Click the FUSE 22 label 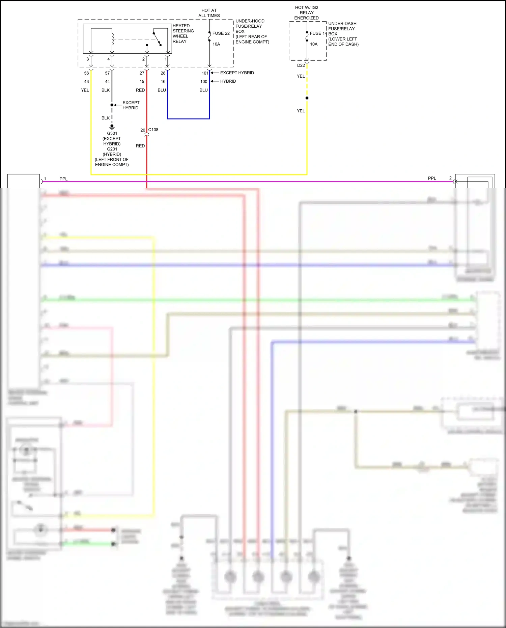click(221, 33)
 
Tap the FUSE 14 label click(318, 33)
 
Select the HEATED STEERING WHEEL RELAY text click(183, 33)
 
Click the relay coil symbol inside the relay click(112, 39)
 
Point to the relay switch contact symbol click(157, 39)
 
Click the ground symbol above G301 click(112, 127)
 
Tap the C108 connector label click(153, 130)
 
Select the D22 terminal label click(301, 65)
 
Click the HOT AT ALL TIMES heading click(209, 13)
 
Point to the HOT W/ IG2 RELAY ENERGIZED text click(307, 12)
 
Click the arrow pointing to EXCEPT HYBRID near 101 click(215, 73)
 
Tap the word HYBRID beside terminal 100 click(228, 81)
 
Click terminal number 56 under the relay click(87, 73)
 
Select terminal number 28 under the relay click(163, 73)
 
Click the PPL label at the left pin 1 click(63, 179)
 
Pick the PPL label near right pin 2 click(432, 178)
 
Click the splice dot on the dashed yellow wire click(307, 98)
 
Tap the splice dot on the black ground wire click(112, 105)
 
